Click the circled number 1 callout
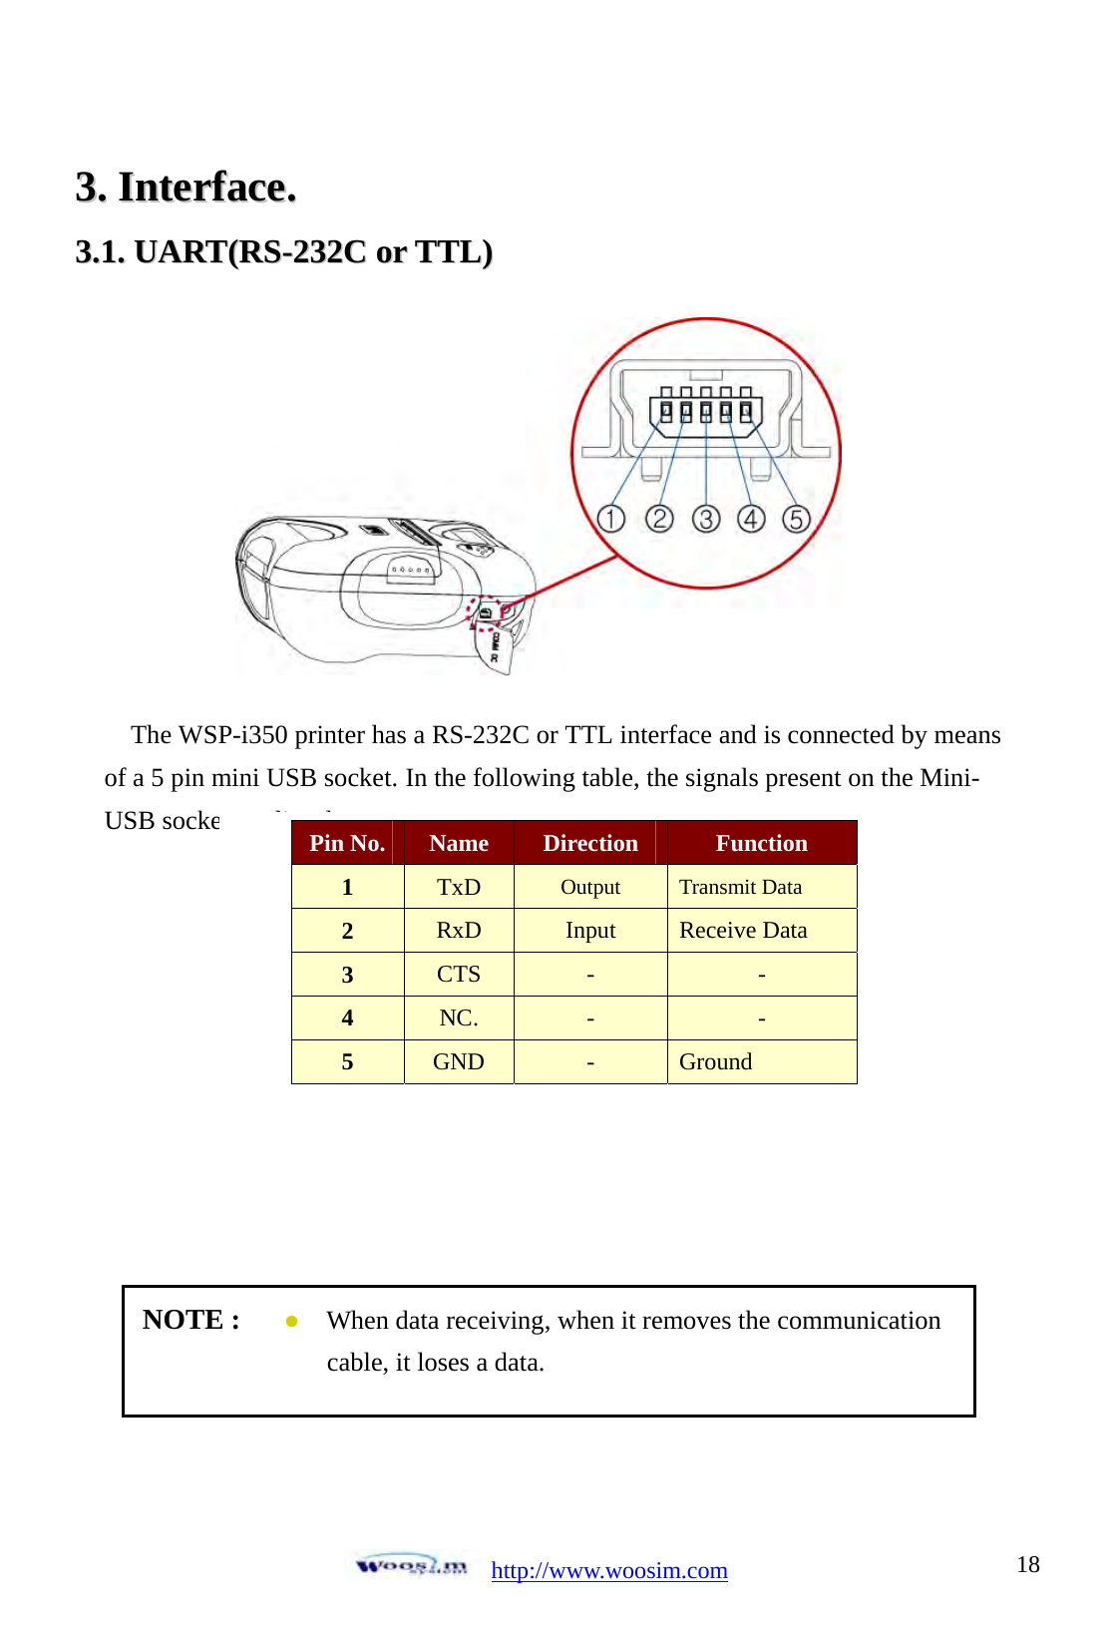[x=610, y=519]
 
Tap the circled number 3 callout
[x=705, y=519]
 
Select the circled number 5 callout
[x=795, y=519]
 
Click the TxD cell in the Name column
[x=459, y=887]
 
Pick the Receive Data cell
[x=743, y=931]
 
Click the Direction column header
[x=589, y=843]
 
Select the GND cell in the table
[x=459, y=1062]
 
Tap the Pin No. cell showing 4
[x=347, y=1018]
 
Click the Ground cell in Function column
[x=715, y=1062]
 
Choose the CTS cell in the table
[x=459, y=975]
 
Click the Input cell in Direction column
[x=589, y=931]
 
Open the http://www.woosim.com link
[x=608, y=1570]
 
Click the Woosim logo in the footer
[x=411, y=1565]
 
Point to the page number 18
[x=1027, y=1564]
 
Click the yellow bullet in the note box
[x=291, y=1321]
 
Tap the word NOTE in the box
[x=183, y=1320]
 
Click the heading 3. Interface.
[x=186, y=188]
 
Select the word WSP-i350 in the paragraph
[x=232, y=735]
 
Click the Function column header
[x=761, y=843]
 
